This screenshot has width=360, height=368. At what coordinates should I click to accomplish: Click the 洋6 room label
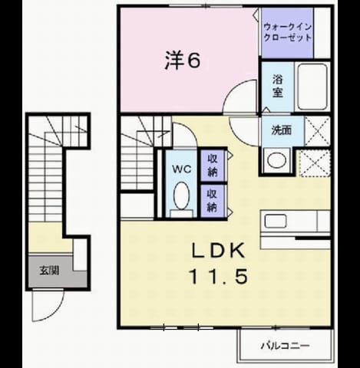[182, 61]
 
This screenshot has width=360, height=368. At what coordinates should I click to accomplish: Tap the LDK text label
[218, 251]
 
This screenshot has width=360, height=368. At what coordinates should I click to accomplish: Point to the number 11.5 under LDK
[218, 277]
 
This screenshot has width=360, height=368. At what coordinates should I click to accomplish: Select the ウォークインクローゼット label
[288, 32]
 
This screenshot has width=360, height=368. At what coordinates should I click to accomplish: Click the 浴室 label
[278, 86]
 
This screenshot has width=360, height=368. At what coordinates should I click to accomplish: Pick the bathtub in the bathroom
[312, 87]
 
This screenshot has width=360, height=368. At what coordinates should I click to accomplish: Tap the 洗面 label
[282, 130]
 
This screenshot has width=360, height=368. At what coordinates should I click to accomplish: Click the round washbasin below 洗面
[276, 160]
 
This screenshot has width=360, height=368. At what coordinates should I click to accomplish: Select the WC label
[181, 169]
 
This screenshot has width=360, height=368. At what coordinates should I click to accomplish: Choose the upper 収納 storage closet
[213, 166]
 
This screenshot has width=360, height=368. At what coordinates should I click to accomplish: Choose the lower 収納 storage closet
[213, 201]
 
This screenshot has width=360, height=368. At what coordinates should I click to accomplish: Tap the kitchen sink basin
[276, 221]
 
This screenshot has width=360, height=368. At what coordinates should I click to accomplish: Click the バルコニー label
[286, 346]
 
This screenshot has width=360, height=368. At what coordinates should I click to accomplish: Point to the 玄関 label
[49, 271]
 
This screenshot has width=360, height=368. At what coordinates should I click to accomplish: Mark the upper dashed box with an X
[318, 131]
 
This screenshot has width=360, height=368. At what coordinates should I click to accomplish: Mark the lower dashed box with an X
[315, 163]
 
